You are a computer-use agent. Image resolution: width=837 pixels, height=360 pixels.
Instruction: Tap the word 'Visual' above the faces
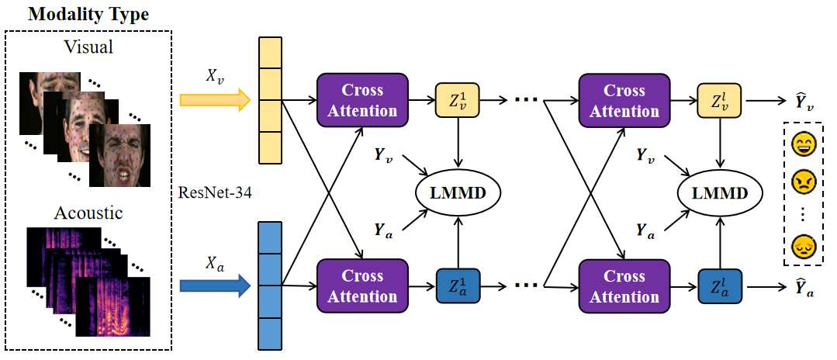tap(88, 47)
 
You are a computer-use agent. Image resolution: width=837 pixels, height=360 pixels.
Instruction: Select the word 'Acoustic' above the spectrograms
tap(88, 213)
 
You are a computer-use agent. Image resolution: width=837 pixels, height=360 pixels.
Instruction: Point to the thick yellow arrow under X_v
tap(215, 100)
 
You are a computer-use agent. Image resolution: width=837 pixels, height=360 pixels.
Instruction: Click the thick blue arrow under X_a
tap(215, 286)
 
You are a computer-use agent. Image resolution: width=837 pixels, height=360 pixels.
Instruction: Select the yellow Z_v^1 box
tap(458, 100)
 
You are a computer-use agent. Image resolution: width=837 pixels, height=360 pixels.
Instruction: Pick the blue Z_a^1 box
tap(458, 286)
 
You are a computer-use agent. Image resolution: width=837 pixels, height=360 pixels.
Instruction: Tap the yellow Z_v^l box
tap(719, 100)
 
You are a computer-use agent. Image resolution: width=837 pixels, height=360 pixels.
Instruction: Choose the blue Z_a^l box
tap(719, 286)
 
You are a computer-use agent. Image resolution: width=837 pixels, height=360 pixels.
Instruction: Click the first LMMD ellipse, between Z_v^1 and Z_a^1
tap(458, 193)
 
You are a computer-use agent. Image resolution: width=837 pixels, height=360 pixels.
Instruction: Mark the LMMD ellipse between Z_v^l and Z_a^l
tap(720, 193)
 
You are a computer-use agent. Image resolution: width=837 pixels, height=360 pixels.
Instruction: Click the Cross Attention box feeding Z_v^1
tap(362, 100)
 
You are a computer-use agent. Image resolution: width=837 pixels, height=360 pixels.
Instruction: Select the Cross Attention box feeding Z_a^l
tap(624, 286)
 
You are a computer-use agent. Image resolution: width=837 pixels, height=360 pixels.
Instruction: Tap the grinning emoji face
tap(802, 145)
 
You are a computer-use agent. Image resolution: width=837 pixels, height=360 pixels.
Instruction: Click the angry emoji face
tap(802, 183)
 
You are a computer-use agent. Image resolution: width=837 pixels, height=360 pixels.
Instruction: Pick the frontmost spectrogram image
tap(113, 307)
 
